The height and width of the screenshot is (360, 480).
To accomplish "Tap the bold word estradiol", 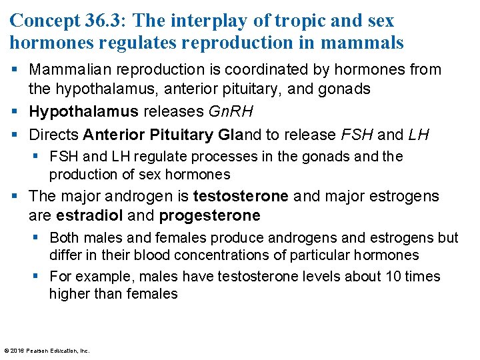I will click(89, 216).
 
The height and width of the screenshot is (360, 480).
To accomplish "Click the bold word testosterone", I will click(241, 196).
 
